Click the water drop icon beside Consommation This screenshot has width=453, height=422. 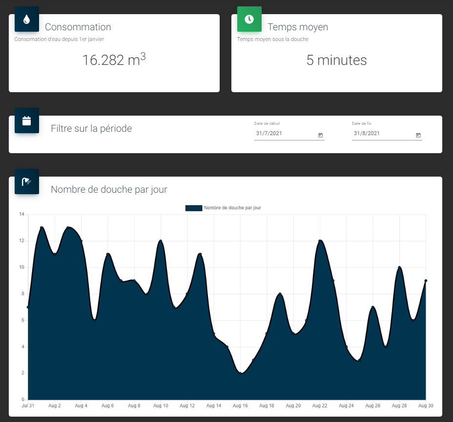[x=27, y=20]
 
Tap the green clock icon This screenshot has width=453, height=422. [x=249, y=19]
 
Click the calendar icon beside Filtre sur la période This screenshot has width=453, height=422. [x=27, y=121]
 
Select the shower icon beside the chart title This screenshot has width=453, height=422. [x=27, y=181]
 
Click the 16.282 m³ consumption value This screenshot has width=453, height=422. [x=114, y=60]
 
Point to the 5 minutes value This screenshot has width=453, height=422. [x=336, y=60]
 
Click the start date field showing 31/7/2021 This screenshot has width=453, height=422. [x=286, y=134]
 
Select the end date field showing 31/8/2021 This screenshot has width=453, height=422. [x=383, y=134]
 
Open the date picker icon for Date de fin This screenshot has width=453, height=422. [x=418, y=135]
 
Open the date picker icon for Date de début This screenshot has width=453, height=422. [x=320, y=135]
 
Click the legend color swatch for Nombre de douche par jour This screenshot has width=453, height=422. [x=193, y=208]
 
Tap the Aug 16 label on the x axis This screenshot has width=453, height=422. [x=240, y=405]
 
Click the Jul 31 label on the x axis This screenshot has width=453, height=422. [x=28, y=405]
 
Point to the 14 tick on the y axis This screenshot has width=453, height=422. [x=21, y=214]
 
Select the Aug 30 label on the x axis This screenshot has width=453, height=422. [x=426, y=405]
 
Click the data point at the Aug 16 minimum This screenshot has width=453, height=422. [x=241, y=373]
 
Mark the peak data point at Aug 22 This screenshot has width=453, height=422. [x=320, y=241]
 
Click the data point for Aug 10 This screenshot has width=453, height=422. [x=161, y=241]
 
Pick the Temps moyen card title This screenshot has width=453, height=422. [x=298, y=27]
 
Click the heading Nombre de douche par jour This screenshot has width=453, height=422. [x=109, y=189]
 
